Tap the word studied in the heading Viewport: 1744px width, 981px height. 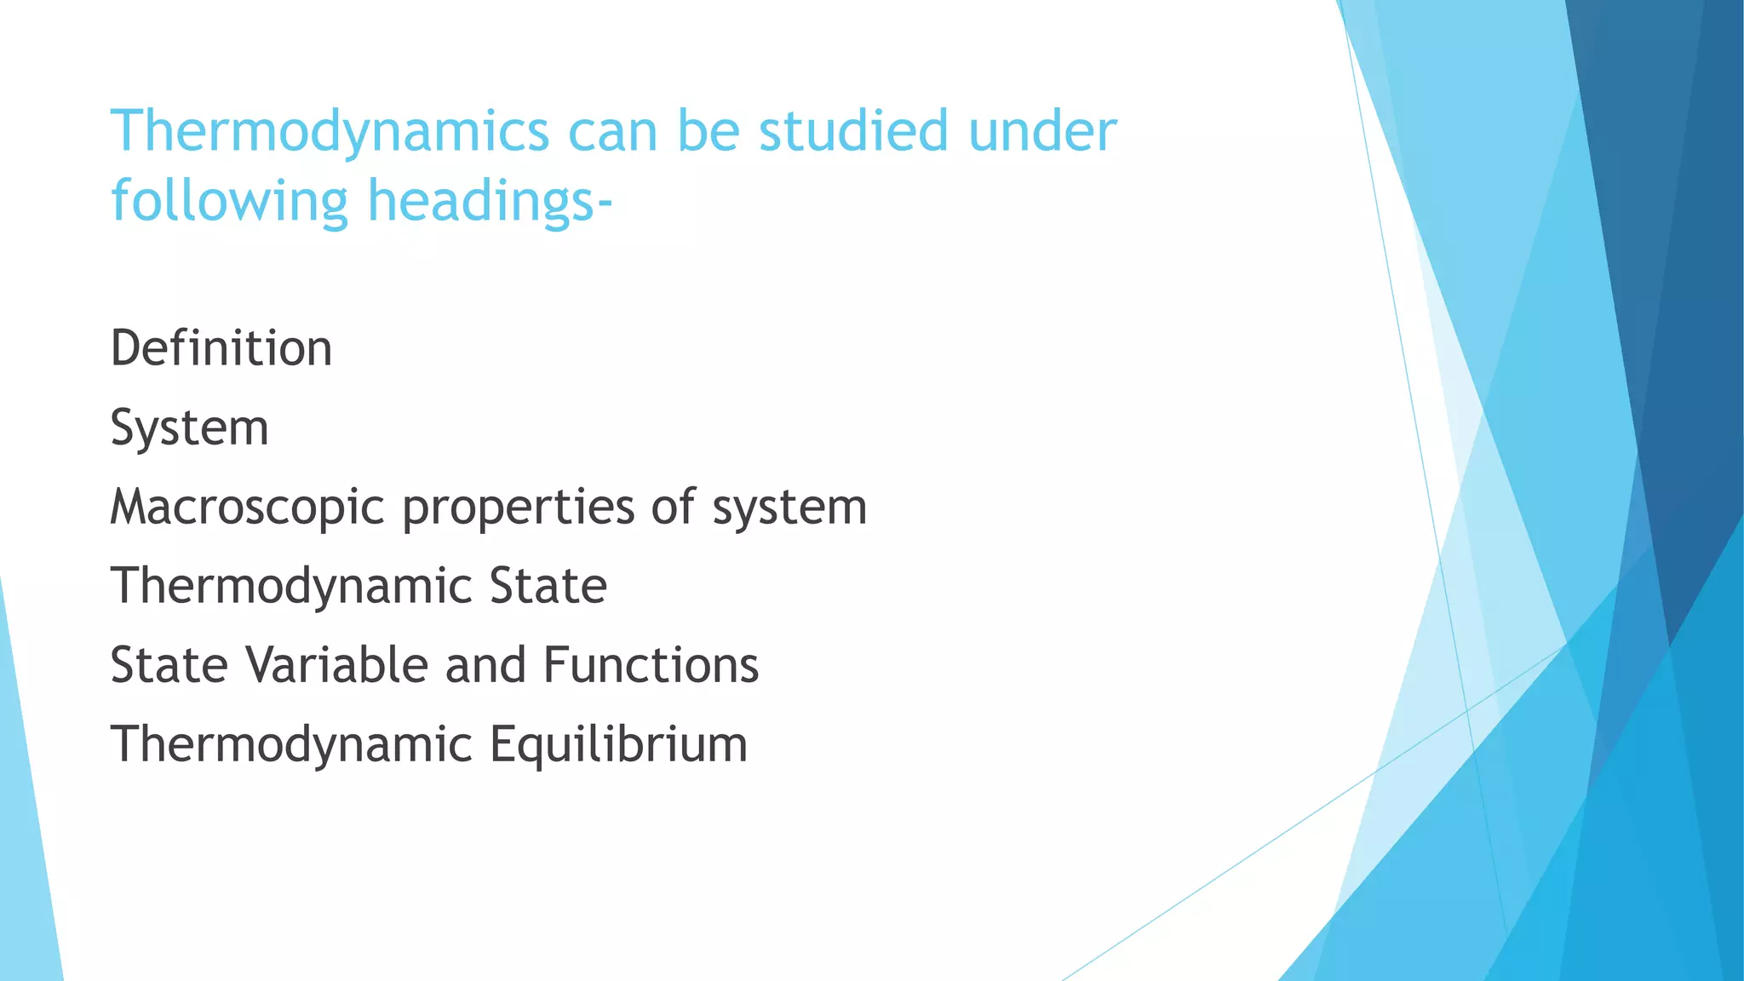tap(853, 132)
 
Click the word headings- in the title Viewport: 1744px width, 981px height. tap(490, 201)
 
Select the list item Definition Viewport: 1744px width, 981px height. tap(221, 348)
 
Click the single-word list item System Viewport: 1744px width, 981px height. tap(189, 427)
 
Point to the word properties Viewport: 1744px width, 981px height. tap(518, 507)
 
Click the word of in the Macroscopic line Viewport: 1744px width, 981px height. tap(673, 507)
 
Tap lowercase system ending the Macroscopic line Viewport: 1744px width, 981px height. tap(789, 507)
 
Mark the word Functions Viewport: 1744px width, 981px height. tap(651, 665)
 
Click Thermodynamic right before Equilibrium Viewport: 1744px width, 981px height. tap(291, 744)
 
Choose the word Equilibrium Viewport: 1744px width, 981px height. tap(618, 744)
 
